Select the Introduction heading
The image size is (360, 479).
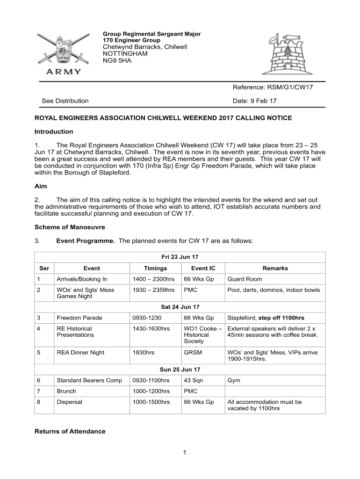[x=54, y=131]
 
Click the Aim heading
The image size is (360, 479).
[x=41, y=186]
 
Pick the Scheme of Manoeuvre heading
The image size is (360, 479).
[x=70, y=227]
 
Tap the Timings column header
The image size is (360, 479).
[x=155, y=269]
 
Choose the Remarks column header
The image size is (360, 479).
[x=275, y=269]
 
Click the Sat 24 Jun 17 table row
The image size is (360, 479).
[x=180, y=307]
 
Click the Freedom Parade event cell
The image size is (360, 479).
[x=79, y=318]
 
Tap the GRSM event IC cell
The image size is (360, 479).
[x=193, y=352]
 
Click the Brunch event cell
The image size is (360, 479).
[x=66, y=391]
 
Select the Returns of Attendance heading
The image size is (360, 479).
[x=70, y=431]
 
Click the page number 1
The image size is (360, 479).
[x=185, y=452]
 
